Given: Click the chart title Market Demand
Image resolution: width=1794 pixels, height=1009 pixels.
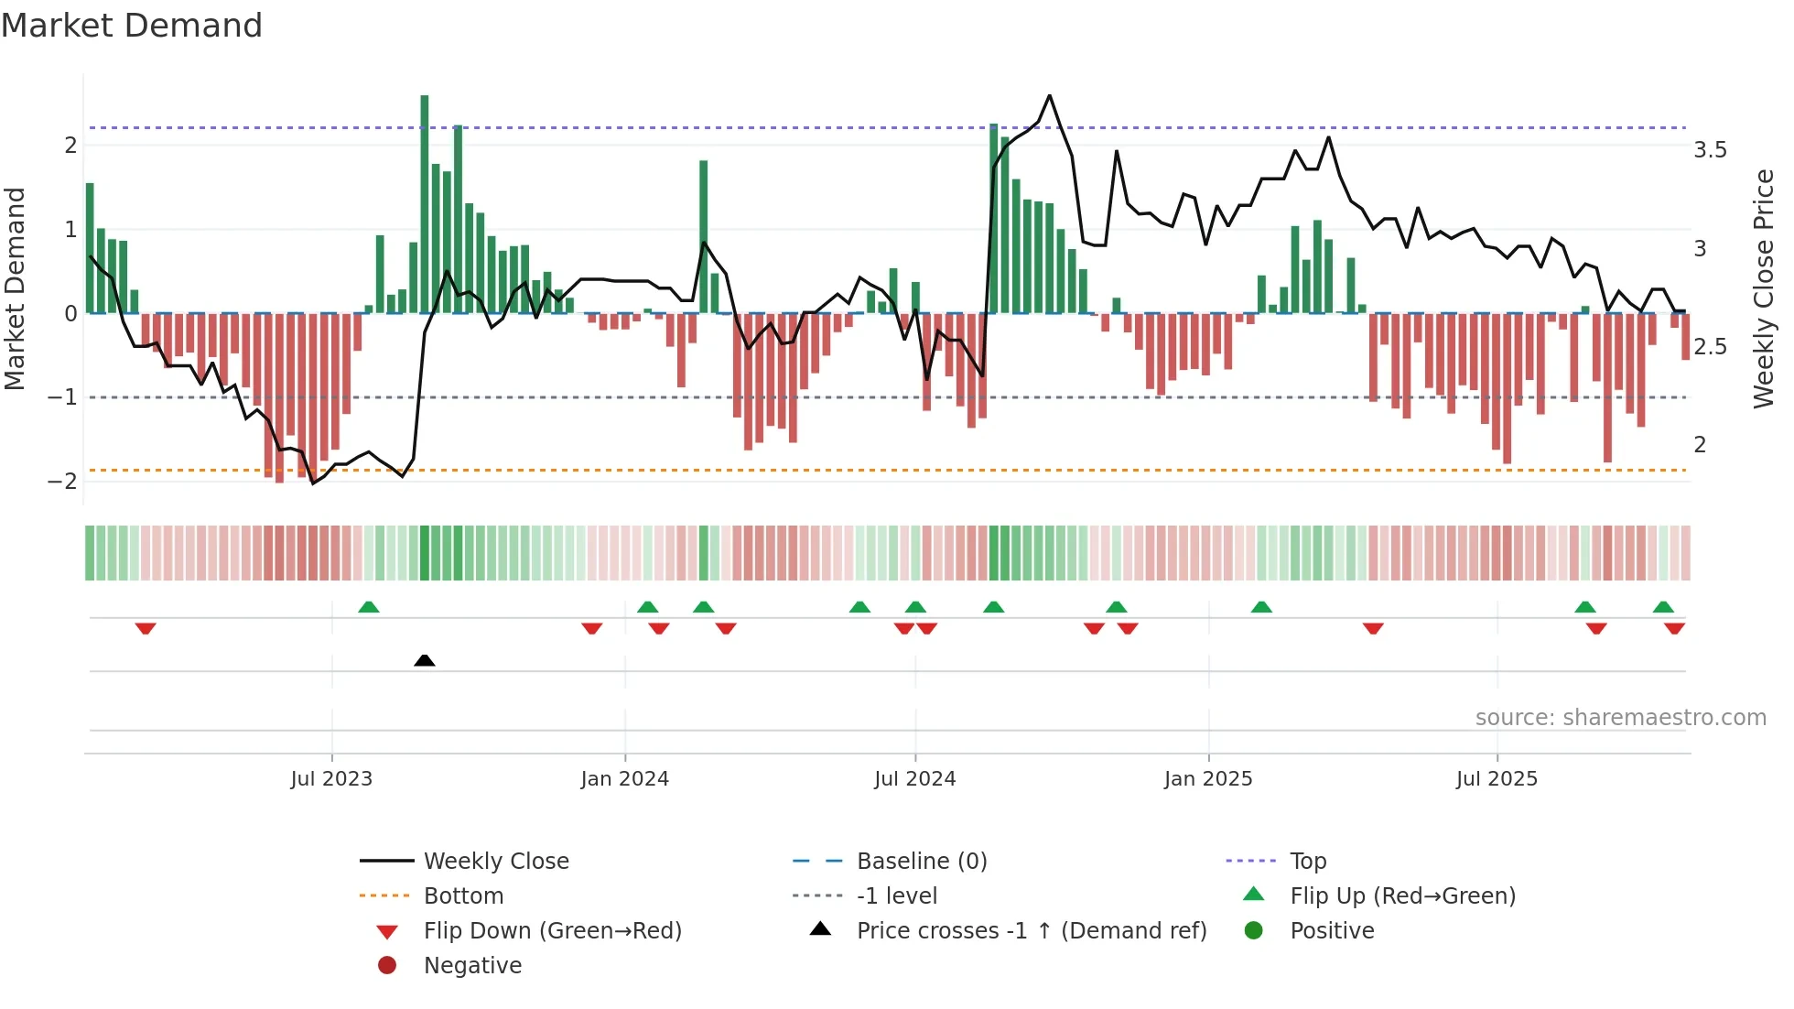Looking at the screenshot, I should coord(132,26).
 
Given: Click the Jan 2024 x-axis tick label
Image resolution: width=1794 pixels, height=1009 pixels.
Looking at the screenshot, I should coord(624,779).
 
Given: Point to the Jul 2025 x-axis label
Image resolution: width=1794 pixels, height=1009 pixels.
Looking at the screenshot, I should coord(1497,779).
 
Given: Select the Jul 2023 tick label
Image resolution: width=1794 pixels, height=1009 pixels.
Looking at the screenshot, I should coord(331,779).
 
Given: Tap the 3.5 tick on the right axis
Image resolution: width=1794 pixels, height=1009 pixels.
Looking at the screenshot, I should coord(1710,150).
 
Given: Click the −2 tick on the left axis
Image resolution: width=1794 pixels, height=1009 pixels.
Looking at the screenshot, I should coord(62,482).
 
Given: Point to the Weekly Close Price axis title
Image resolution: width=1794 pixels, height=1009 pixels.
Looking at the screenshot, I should coord(1763,288).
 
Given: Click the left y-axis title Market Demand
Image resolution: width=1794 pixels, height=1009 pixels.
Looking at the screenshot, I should coord(15,288).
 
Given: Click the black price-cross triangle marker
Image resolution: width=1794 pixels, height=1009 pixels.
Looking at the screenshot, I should coord(424,660).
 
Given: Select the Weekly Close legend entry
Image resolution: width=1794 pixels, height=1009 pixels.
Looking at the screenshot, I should coord(495,862).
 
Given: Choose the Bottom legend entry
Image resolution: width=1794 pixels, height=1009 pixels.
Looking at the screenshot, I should coord(463,896).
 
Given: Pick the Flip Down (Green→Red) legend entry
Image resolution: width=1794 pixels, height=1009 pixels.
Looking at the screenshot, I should coord(552,931).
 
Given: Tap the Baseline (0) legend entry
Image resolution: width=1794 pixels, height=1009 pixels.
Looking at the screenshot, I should coord(921,862).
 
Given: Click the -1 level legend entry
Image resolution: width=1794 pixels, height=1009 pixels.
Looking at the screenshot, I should coord(896,896).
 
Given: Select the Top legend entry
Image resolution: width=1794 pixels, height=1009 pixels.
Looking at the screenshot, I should coord(1307,862).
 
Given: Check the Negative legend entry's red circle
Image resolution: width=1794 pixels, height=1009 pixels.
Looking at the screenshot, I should coord(387,966).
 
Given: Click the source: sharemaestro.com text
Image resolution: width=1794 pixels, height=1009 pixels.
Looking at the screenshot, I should coord(1620,718).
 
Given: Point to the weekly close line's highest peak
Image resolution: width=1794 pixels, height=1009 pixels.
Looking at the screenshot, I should coord(1049,95).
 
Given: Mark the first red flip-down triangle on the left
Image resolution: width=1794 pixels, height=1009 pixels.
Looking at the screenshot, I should coord(146,628).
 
